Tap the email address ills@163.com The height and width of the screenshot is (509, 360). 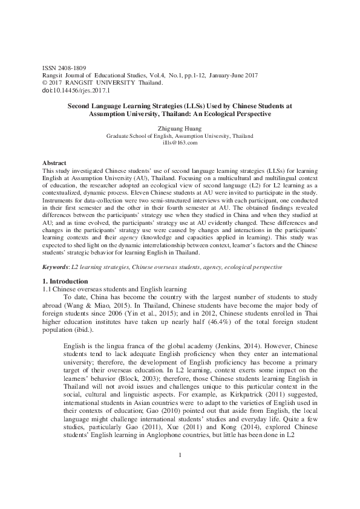tap(180, 143)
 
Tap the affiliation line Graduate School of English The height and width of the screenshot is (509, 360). tap(180, 137)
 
